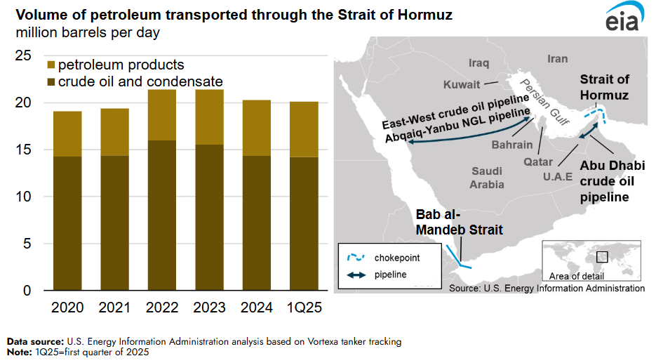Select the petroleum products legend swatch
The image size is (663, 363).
tap(50, 65)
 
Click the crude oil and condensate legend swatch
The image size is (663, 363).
tap(50, 82)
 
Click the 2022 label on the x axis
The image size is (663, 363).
tap(163, 308)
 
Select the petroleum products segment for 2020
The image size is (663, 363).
tap(67, 133)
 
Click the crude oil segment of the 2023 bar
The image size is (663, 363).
tap(208, 217)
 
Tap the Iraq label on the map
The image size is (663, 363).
tap(478, 63)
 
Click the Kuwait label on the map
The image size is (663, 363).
tap(462, 85)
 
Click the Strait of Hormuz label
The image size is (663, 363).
tap(603, 87)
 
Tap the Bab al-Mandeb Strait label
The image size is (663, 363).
tap(459, 221)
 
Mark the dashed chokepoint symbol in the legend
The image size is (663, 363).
tap(353, 258)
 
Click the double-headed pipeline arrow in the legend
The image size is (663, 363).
tap(353, 275)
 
